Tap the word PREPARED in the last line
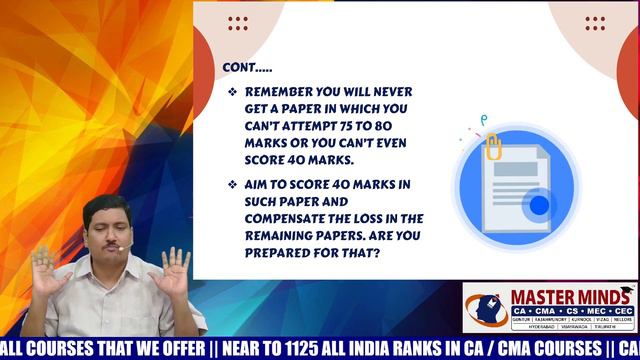[281, 252]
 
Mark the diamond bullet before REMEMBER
[232, 92]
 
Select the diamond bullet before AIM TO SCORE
[232, 185]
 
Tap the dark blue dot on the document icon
[539, 207]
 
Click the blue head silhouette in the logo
[487, 313]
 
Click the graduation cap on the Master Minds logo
[625, 294]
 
